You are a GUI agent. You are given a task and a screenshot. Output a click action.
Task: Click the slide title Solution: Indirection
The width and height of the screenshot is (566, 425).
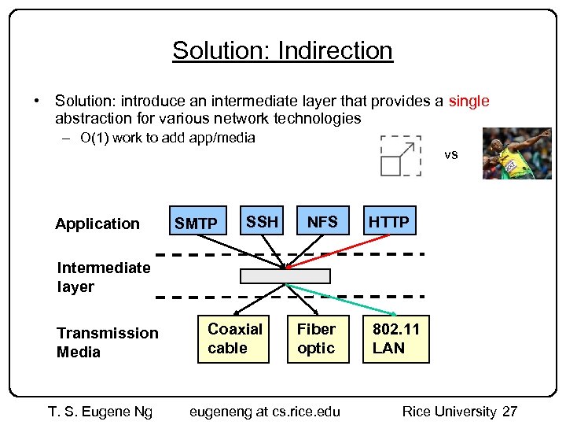coord(282,50)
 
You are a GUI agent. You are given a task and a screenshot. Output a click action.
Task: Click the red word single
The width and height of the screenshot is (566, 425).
coord(469,101)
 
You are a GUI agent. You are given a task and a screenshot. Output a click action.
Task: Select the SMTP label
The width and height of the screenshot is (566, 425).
coord(196,224)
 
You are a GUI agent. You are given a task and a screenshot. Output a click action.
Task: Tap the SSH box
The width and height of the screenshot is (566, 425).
coord(262,223)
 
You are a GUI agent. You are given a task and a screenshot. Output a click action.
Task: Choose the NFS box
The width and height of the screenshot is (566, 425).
coord(322,223)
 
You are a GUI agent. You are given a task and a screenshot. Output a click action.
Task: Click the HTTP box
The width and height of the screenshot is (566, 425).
coord(389,223)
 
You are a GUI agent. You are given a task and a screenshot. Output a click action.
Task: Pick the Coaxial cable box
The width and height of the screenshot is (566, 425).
coord(234,338)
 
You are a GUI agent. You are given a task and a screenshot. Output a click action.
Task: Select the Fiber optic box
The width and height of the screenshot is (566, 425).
coord(316,338)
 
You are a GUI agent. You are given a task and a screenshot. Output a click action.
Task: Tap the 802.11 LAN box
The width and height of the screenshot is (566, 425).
coord(395,338)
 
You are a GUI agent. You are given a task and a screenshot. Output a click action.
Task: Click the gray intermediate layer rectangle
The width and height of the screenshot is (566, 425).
coord(285,276)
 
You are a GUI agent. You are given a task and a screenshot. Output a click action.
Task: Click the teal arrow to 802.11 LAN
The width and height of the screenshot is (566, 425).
coord(338,291)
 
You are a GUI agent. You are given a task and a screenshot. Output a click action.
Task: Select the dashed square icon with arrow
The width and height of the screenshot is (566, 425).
coord(400,155)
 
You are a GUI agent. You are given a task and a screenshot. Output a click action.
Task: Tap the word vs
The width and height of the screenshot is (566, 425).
coord(450,154)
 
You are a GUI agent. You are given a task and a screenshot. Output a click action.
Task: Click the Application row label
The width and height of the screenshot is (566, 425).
coord(97,224)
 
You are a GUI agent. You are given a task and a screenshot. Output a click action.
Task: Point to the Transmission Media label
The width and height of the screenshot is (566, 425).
coord(107,342)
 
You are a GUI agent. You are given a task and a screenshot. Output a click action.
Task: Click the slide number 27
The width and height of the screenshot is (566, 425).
coord(509,412)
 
